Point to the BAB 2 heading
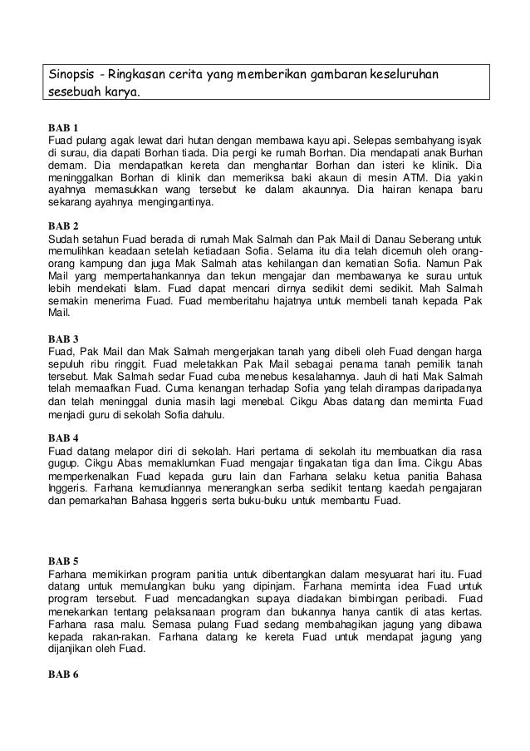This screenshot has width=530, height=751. pos(62,225)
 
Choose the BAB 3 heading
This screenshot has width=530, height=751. pos(62,338)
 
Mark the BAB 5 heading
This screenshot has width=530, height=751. pos(62,561)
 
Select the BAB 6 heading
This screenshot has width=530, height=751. pos(62,672)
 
